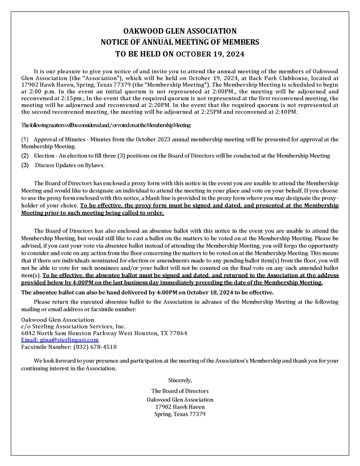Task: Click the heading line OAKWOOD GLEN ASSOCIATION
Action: (x=180, y=31)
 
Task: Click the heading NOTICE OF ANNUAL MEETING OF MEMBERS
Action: (x=180, y=42)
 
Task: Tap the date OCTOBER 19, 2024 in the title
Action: (x=210, y=54)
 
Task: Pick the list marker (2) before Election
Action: (x=25, y=156)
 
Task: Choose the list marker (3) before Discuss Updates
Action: (x=25, y=165)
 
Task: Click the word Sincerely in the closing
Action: (x=180, y=380)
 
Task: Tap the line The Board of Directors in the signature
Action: (x=180, y=391)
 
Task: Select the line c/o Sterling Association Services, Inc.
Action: (x=73, y=326)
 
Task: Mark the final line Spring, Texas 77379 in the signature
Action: (x=180, y=414)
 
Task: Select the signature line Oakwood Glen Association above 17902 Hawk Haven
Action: (x=180, y=400)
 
